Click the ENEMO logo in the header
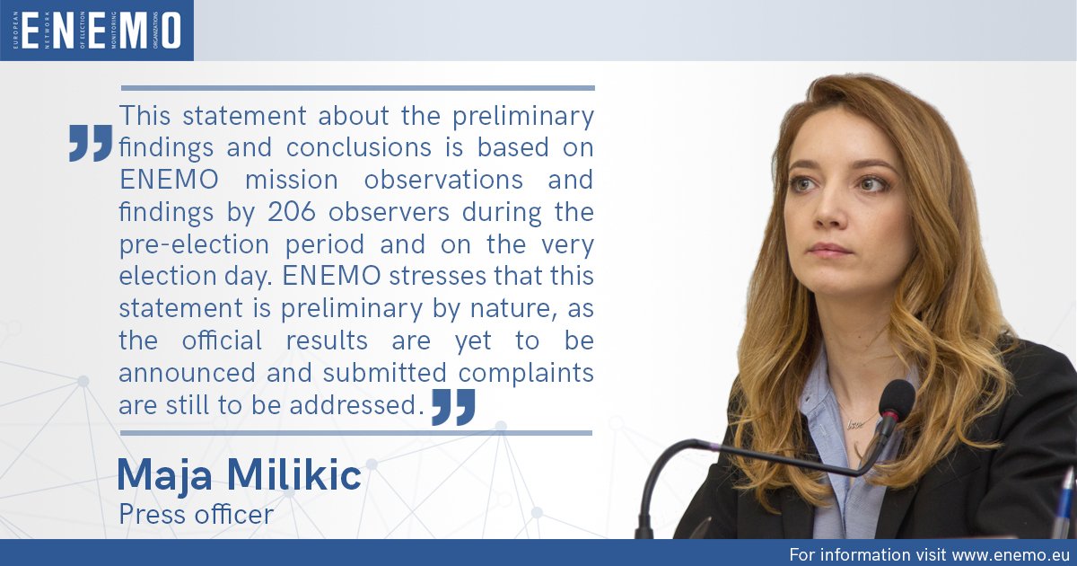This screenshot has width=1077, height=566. pyautogui.click(x=97, y=31)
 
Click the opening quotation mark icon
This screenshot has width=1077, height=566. pyautogui.click(x=91, y=144)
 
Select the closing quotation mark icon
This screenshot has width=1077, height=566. pyautogui.click(x=452, y=407)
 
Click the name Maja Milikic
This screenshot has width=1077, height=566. pyautogui.click(x=240, y=476)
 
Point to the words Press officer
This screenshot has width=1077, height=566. pyautogui.click(x=196, y=515)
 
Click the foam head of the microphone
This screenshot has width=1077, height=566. pyautogui.click(x=897, y=397)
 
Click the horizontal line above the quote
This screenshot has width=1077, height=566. pyautogui.click(x=357, y=88)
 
